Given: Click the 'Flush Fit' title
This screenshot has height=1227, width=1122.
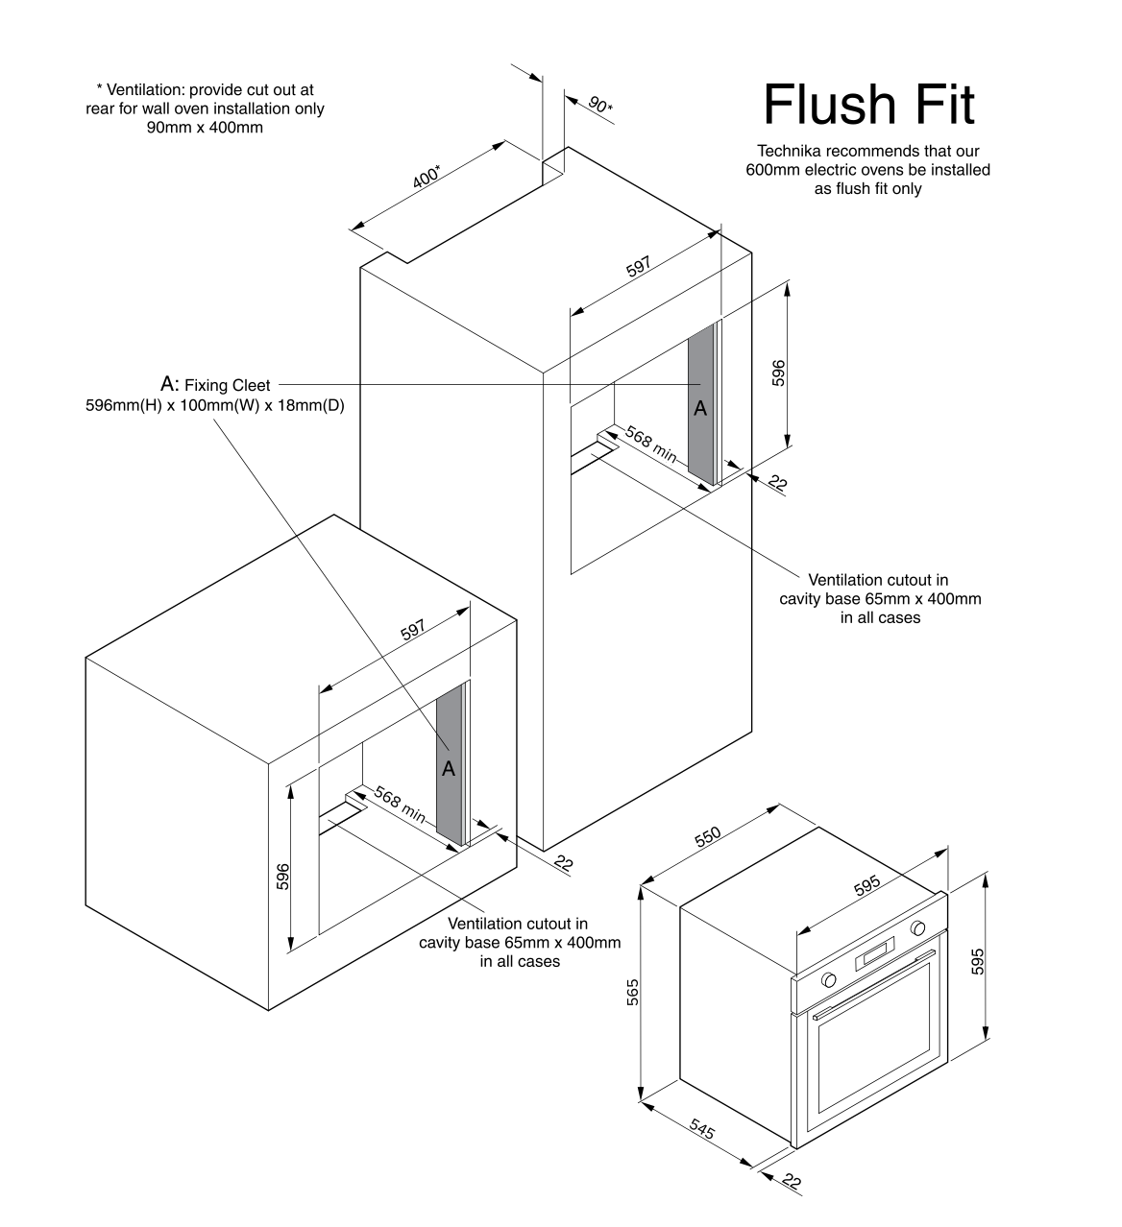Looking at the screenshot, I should (868, 105).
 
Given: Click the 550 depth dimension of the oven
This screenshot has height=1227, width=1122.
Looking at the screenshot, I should (707, 836).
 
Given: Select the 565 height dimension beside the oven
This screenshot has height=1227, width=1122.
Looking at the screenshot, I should (632, 992).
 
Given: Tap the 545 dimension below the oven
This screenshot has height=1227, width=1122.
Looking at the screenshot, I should (702, 1132).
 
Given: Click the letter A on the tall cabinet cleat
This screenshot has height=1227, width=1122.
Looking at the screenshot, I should (700, 408).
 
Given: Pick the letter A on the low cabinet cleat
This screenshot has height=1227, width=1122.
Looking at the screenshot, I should (448, 769).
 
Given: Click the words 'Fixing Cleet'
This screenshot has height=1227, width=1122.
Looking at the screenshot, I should (227, 385).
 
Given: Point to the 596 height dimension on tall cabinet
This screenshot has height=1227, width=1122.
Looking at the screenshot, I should (778, 373).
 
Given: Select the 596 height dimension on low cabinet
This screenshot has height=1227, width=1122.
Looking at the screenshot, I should (282, 877).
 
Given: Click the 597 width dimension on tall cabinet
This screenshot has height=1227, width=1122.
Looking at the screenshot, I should (639, 267).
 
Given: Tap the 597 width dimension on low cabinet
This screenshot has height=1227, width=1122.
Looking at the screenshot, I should (413, 630).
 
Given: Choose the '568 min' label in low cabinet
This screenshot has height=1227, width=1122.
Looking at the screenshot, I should (399, 805).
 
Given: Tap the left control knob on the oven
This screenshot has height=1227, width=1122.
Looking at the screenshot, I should (827, 979).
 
